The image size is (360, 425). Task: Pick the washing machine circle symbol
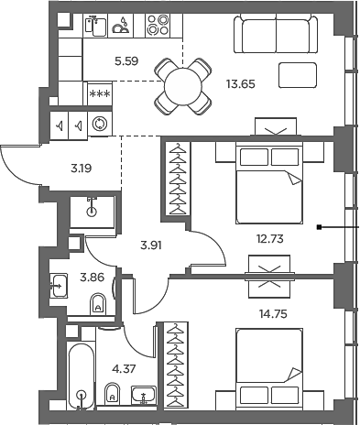pyautogui.click(x=100, y=124)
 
